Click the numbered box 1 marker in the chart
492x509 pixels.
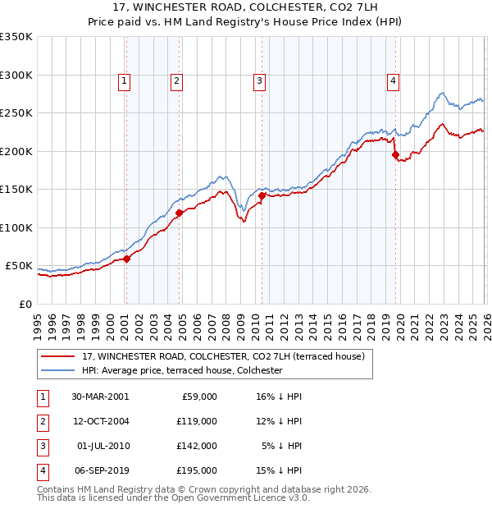click(x=123, y=80)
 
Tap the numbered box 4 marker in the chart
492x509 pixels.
click(x=394, y=80)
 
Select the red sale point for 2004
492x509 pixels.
click(x=178, y=213)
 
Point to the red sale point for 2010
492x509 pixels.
click(x=262, y=195)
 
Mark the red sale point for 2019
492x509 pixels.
click(x=395, y=154)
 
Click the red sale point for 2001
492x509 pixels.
click(x=127, y=259)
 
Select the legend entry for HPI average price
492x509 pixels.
click(x=182, y=370)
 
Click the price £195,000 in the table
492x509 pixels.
click(x=198, y=470)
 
